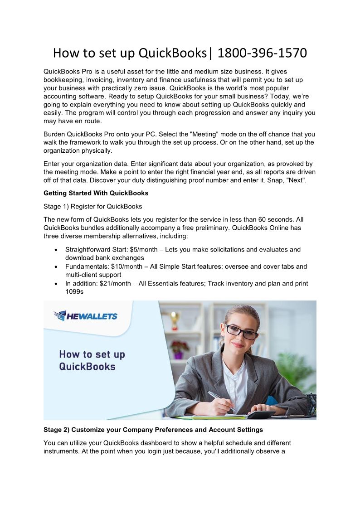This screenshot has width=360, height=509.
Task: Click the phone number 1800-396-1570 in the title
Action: (262, 53)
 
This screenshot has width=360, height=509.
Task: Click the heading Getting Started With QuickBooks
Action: (96, 193)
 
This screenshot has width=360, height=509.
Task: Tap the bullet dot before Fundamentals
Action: (55, 267)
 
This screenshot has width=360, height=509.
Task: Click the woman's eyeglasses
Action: (242, 332)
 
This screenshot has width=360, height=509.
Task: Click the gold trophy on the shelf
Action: (175, 319)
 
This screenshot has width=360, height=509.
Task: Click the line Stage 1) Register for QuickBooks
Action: (93, 207)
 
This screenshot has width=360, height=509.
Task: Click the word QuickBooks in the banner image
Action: (88, 366)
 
